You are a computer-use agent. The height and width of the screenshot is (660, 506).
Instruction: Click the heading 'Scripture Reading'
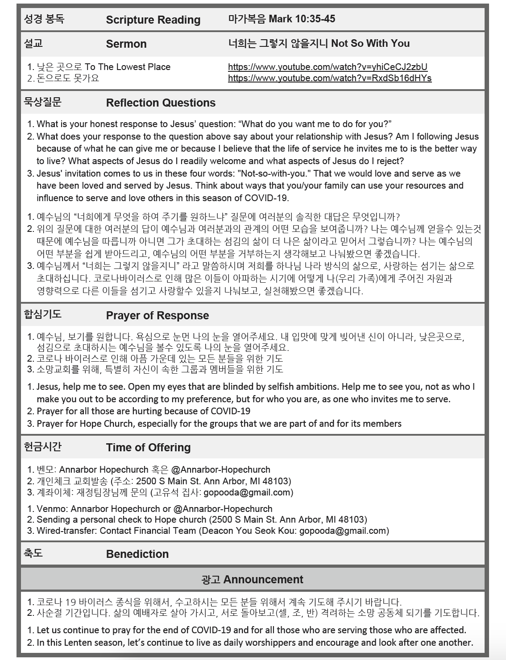click(153, 20)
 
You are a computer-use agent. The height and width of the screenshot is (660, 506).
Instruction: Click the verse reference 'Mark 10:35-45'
click(302, 19)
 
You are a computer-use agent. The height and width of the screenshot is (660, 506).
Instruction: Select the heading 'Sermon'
click(126, 44)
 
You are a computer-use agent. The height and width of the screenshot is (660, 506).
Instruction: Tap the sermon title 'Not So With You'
click(370, 43)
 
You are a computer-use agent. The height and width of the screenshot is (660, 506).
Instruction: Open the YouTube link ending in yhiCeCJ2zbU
click(328, 67)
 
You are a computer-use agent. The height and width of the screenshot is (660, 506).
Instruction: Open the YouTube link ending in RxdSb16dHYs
click(330, 78)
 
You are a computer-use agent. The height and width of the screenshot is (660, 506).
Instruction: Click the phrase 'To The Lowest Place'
click(128, 67)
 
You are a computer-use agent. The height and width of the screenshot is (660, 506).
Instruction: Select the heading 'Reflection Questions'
click(161, 103)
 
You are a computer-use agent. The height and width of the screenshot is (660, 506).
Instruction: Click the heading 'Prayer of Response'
click(158, 315)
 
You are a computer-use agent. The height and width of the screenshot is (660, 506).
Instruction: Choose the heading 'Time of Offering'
click(148, 447)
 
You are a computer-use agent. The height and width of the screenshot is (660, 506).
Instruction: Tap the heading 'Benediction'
click(137, 554)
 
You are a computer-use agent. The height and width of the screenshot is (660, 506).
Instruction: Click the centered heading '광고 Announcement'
click(253, 579)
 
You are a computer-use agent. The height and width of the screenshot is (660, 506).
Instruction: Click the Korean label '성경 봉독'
click(44, 19)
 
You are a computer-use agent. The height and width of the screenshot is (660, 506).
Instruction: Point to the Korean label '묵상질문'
click(42, 102)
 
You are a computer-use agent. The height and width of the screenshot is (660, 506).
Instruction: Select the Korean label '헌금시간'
click(42, 446)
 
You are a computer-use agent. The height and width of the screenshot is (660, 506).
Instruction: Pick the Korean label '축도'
click(33, 553)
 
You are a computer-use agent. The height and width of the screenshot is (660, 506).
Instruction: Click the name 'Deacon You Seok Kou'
click(248, 531)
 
